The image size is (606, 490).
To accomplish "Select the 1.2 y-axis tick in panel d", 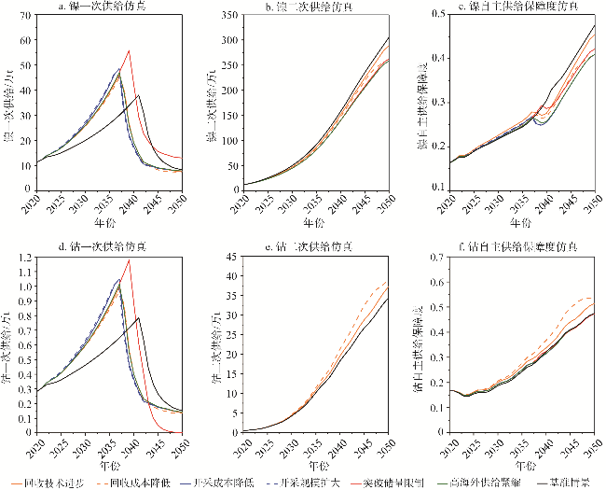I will tap(22, 257).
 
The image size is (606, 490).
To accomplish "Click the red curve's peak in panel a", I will tap(129, 50).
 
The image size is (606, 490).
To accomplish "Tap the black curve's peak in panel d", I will tap(139, 318).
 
